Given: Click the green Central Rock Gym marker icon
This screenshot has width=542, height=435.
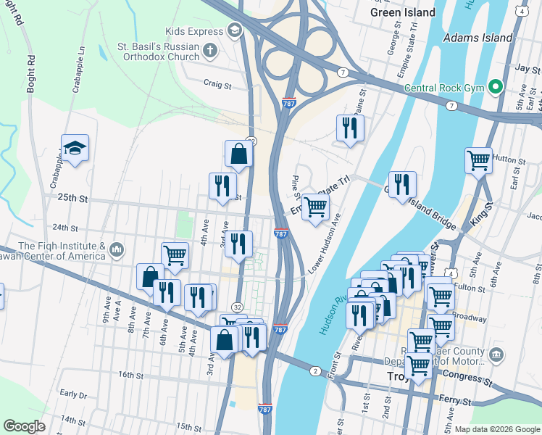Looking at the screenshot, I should tap(496, 87).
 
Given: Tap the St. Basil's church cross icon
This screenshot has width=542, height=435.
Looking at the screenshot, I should tap(210, 51).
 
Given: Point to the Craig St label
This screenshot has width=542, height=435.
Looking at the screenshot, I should tap(217, 84).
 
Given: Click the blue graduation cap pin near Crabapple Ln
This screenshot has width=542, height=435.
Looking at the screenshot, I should tap(75, 149).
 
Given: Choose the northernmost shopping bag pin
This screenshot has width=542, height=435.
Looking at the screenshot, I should tap(239, 154).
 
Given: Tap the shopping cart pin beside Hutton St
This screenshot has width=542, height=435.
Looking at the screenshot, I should tap(478, 159).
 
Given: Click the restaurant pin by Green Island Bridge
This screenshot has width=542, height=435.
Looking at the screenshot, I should tap(402, 185).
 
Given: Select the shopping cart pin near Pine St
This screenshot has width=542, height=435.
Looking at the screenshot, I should tap(315, 207).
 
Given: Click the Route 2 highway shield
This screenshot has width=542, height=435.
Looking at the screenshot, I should tap(315, 371).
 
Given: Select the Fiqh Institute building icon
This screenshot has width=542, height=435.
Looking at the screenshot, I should tap(117, 251).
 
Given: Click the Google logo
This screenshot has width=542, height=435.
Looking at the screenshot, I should tap(24, 426).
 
